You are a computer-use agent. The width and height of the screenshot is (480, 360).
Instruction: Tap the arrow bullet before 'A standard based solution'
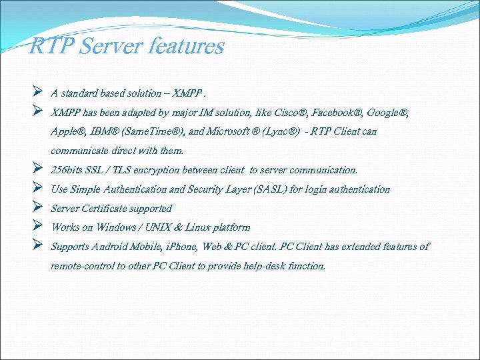point(38,93)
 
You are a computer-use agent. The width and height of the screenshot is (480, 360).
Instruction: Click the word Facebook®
point(337,113)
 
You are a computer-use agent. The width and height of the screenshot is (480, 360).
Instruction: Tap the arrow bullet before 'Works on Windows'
point(38,227)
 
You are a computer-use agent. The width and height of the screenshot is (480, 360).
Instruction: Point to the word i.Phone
point(181,247)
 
